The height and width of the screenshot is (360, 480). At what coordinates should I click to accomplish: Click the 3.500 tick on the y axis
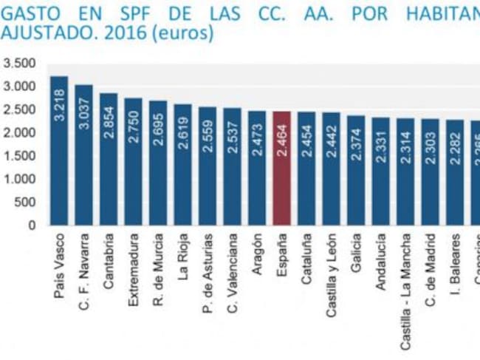pyautogui.click(x=19, y=64)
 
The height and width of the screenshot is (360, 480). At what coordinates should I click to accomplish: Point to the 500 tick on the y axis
pyautogui.click(x=24, y=202)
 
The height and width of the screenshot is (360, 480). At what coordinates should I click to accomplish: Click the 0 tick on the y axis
pyautogui.click(x=32, y=225)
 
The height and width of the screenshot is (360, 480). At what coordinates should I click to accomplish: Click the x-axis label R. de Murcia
pyautogui.click(x=159, y=265)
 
